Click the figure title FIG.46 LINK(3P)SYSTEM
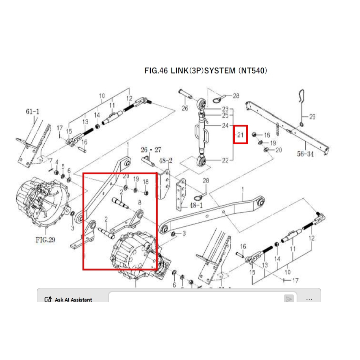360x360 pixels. (206, 71)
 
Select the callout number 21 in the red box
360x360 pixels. (241, 135)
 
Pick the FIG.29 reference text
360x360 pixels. (45, 239)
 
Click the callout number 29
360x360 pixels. (312, 117)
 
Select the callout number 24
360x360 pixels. (225, 126)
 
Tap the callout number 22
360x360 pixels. (225, 160)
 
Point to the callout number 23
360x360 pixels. (225, 109)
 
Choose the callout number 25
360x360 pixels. (225, 116)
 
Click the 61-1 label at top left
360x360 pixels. (33, 111)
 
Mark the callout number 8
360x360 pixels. (140, 202)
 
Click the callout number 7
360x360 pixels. (51, 161)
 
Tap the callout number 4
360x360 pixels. (57, 163)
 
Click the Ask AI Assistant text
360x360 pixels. (73, 300)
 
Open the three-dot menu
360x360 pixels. (309, 299)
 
